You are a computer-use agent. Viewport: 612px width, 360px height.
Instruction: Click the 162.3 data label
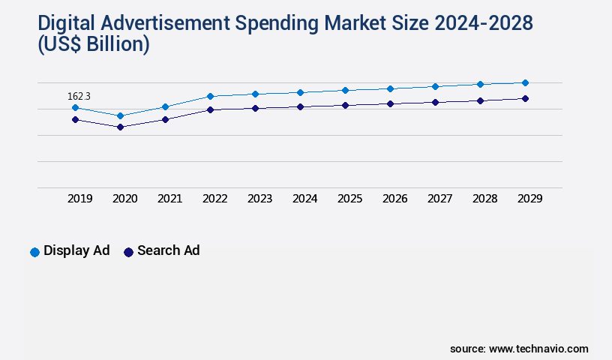point(79,96)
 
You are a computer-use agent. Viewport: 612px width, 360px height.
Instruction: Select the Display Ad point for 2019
point(75,108)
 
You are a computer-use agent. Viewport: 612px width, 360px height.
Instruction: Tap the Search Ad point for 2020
point(120,127)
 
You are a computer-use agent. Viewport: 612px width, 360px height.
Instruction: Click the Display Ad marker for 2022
point(210,96)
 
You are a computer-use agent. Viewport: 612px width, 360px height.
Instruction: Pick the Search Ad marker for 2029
point(525,98)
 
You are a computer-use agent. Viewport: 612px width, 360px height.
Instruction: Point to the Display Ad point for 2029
point(525,82)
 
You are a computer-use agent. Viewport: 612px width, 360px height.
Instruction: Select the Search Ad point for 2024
point(300,106)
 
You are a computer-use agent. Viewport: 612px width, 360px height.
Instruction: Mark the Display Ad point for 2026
point(390,88)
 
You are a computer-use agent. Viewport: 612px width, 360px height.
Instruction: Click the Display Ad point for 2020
point(120,115)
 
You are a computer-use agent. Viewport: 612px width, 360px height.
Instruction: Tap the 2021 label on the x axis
point(169,199)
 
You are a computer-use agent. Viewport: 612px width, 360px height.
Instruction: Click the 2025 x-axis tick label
point(349,199)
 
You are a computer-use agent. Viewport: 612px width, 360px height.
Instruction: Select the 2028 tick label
point(484,199)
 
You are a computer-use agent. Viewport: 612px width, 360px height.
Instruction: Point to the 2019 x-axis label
point(79,199)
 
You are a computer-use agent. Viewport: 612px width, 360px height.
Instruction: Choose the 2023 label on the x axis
point(259,199)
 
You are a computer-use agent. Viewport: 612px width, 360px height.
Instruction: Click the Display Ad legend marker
point(34,252)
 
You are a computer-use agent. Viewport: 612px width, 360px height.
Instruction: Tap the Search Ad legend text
point(168,250)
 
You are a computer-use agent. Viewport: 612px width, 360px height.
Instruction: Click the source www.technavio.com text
point(519,349)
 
